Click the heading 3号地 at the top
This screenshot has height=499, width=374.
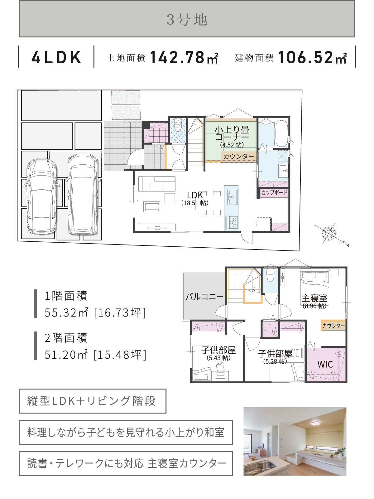coord(187,20)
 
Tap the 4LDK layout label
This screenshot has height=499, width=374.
coord(56,57)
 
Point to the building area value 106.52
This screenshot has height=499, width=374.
coord(305,57)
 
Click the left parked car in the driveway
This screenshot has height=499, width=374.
coord(42,196)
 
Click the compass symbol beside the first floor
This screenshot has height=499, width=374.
coord(328,233)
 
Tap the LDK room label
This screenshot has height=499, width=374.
coord(195,195)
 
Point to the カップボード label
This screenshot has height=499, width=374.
coord(274,192)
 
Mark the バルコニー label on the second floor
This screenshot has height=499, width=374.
coord(204,296)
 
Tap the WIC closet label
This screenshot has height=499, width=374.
coord(325,364)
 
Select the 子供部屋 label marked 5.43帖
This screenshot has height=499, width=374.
coord(218,350)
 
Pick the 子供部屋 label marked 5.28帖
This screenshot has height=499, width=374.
coord(275,354)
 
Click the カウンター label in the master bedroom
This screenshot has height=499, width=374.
coord(333,326)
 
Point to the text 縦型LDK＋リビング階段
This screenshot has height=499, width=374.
coord(92,401)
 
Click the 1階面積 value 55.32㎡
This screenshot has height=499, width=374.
coord(66,312)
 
